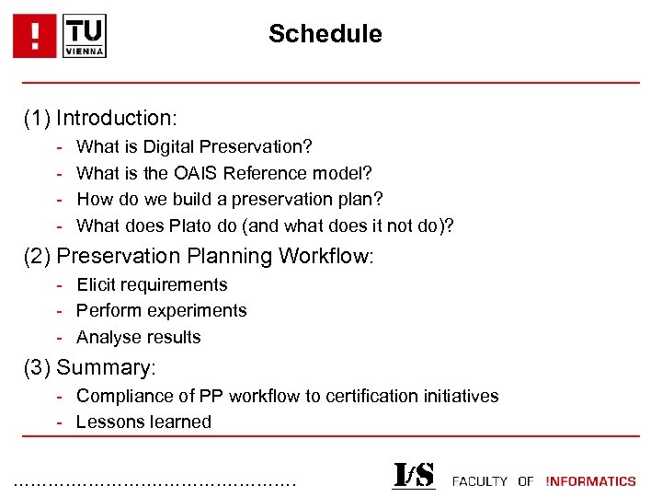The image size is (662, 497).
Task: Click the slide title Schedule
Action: (x=325, y=34)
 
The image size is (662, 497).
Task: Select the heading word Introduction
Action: (x=116, y=118)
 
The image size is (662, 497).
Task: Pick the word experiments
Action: (x=202, y=311)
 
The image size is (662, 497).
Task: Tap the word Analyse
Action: (x=108, y=338)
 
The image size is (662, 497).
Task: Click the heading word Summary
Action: (x=106, y=368)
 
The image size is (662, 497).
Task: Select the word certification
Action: (x=368, y=397)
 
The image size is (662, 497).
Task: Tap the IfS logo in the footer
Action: (x=413, y=475)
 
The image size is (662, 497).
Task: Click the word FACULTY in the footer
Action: (x=480, y=481)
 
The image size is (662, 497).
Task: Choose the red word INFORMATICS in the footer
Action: (x=590, y=481)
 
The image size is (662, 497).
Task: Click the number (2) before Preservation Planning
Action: (x=38, y=256)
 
